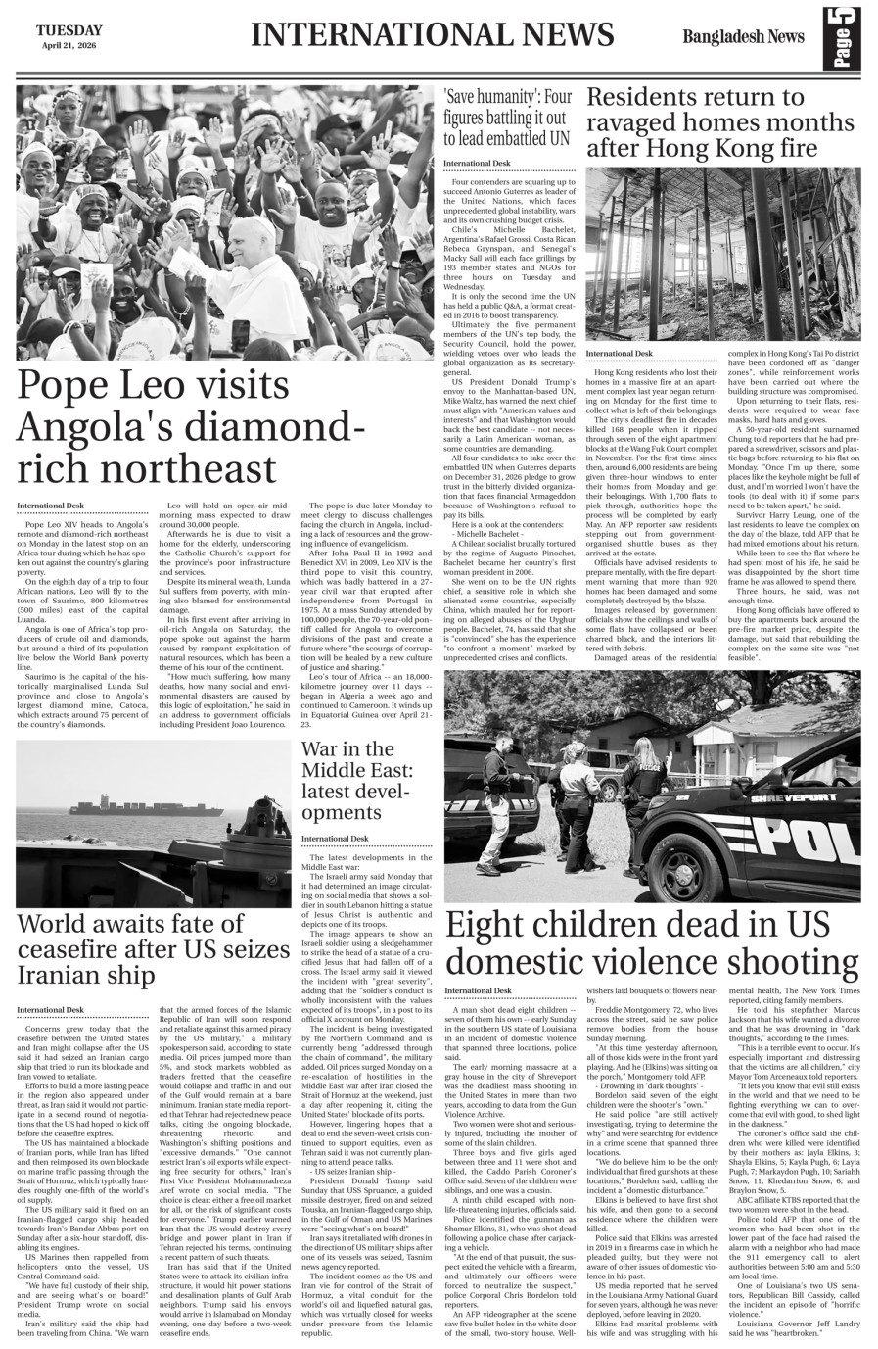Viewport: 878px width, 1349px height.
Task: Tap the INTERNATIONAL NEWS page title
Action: (432, 35)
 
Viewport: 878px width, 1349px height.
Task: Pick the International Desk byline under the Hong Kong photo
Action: (619, 353)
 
